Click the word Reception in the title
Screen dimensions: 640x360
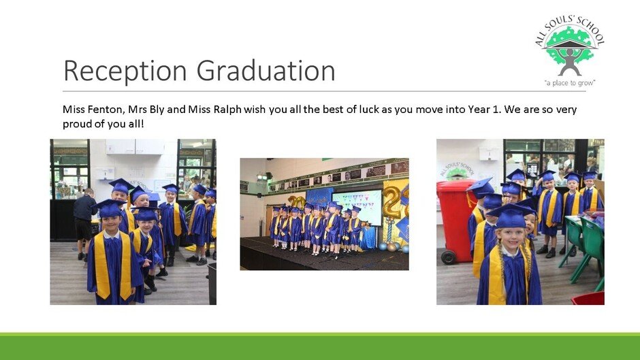pos(125,71)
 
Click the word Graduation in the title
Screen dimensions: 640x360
pos(266,70)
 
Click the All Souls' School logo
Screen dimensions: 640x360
pos(569,51)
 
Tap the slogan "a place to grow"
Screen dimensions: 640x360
pos(570,83)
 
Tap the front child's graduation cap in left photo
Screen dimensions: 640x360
pos(110,208)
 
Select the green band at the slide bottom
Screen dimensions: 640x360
pos(320,346)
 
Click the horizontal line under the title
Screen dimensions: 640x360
pos(325,91)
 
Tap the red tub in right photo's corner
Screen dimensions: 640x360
pos(588,298)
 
